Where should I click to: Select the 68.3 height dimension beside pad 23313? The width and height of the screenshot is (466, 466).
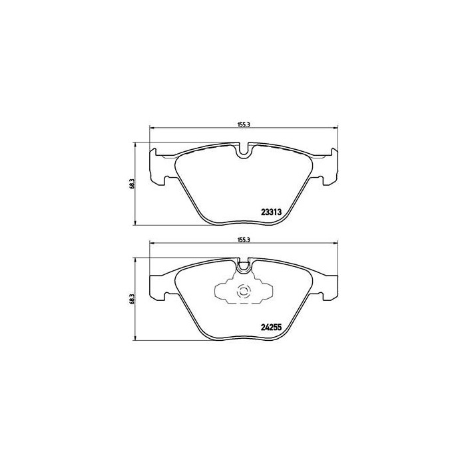(x=133, y=182)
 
